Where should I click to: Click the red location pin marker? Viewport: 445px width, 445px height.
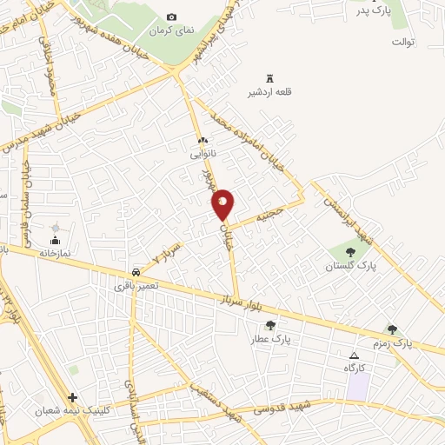pyautogui.click(x=222, y=204)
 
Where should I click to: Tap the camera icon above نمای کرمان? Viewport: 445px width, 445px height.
pyautogui.click(x=171, y=17)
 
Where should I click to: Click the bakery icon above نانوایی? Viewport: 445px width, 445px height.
pyautogui.click(x=203, y=140)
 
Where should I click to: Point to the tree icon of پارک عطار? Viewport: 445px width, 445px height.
pyautogui.click(x=270, y=325)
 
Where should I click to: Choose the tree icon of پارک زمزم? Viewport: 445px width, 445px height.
pyautogui.click(x=392, y=329)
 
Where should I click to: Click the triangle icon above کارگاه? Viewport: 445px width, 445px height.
pyautogui.click(x=354, y=356)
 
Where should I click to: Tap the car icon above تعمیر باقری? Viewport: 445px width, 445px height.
pyautogui.click(x=135, y=272)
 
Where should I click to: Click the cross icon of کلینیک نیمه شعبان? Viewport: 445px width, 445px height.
pyautogui.click(x=73, y=396)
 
